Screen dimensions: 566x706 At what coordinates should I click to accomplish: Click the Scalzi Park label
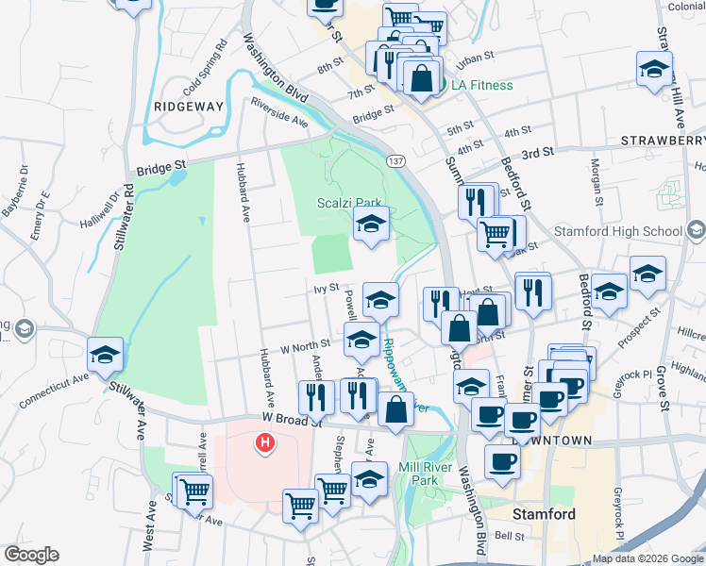tap(342, 202)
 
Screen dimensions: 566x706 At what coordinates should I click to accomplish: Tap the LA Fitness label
tap(481, 85)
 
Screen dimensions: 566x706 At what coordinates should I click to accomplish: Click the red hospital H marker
tap(265, 441)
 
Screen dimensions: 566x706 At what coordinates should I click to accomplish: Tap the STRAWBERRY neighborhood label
tap(664, 141)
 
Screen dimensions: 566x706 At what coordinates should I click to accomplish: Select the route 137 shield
tap(396, 161)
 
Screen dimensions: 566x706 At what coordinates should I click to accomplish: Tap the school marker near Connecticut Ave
tap(105, 355)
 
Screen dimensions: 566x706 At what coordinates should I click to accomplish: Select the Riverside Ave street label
tap(279, 111)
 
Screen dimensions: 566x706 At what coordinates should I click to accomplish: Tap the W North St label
tap(304, 345)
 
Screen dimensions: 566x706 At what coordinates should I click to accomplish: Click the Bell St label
tap(509, 535)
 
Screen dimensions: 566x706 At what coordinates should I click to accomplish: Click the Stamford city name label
tap(544, 514)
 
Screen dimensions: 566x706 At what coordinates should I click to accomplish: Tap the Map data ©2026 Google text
tap(647, 558)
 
